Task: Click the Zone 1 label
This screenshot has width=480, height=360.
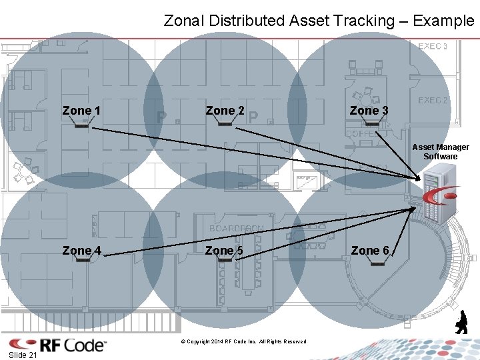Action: point(81,110)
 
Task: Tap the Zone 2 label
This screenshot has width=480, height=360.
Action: point(225,110)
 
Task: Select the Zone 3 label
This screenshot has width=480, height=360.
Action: point(369,110)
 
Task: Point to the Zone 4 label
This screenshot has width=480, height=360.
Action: point(81,251)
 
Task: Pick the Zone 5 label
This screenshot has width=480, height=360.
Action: point(225,251)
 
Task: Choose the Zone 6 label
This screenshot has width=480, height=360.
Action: point(369,251)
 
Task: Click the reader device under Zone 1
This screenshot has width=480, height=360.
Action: point(82,124)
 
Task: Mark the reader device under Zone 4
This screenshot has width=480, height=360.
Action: point(83,259)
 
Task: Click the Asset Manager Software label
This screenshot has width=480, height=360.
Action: point(440,151)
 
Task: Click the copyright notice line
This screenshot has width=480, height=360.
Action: point(243,342)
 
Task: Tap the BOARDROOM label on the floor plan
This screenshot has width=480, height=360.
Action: point(237,228)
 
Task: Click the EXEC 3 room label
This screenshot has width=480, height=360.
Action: point(433,46)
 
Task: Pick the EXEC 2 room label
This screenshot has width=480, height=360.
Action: point(433,100)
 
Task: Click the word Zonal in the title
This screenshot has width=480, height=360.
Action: point(184,21)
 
